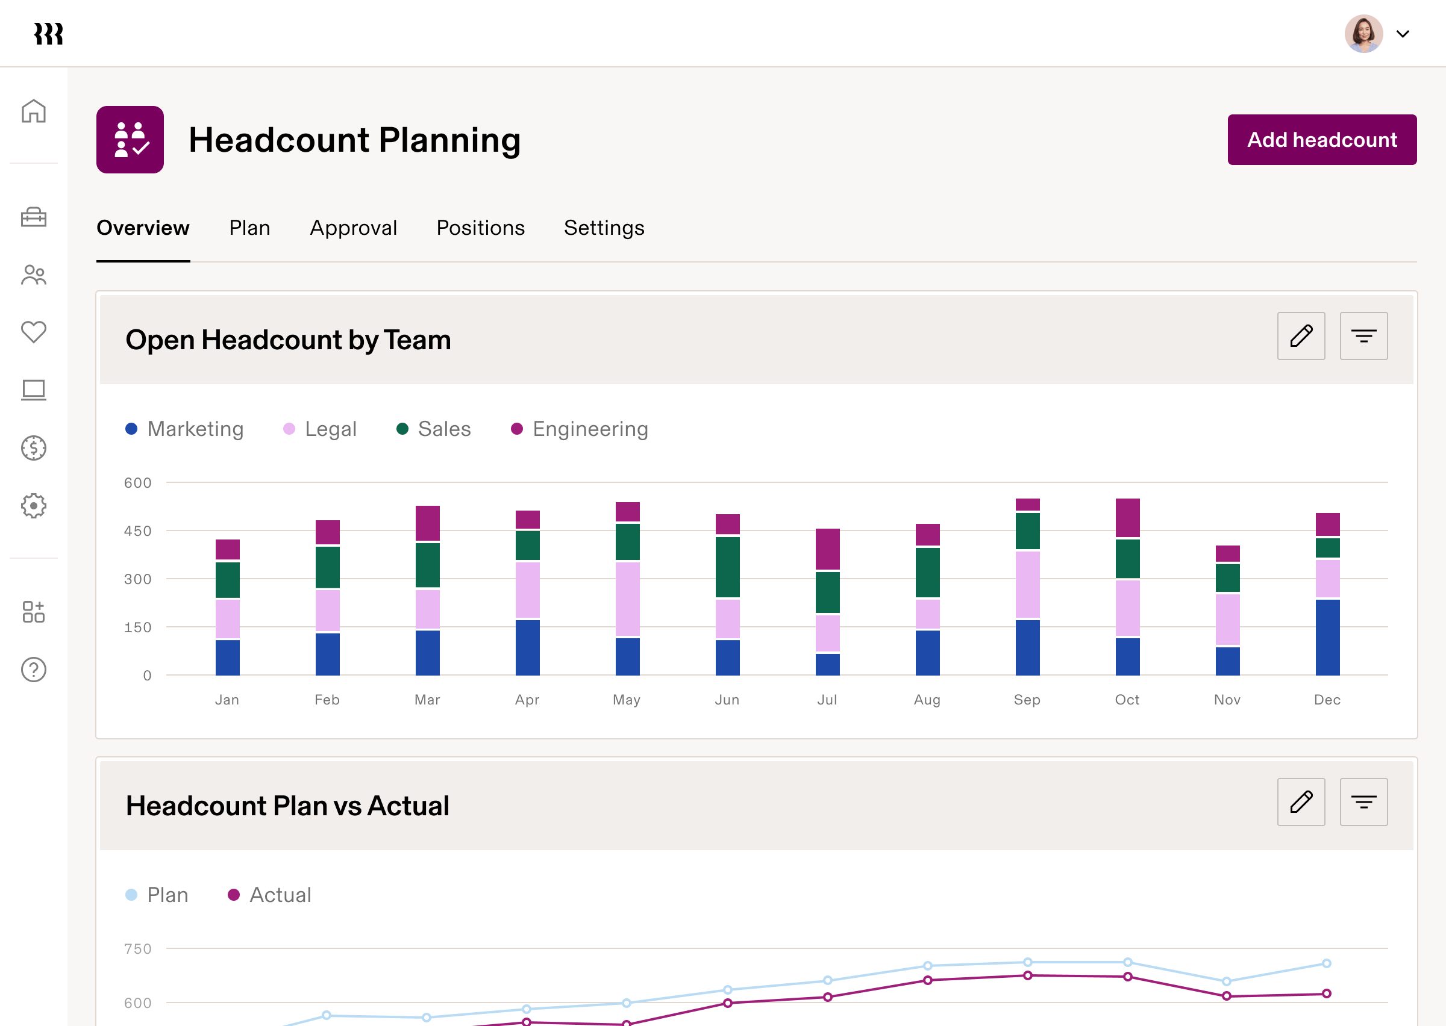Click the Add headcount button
(x=1321, y=140)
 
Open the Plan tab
(x=249, y=228)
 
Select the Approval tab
(x=353, y=228)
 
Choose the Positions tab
(x=480, y=228)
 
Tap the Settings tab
(x=604, y=228)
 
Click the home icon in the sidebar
(x=34, y=111)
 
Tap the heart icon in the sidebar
(x=34, y=332)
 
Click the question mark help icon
(x=34, y=670)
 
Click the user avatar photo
(x=1363, y=34)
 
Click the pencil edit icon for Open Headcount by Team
(x=1301, y=336)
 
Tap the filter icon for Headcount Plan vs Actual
(x=1363, y=803)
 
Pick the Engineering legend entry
(x=580, y=429)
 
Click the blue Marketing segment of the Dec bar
(x=1327, y=637)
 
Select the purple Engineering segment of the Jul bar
(x=827, y=549)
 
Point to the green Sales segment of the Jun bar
(x=727, y=567)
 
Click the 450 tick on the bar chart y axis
(x=138, y=530)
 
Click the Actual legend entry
(x=270, y=895)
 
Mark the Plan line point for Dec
(x=1327, y=963)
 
